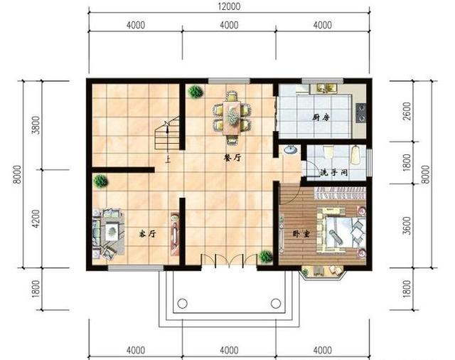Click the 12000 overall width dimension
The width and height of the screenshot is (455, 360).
(x=229, y=6)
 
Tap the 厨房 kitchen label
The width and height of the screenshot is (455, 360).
(x=321, y=117)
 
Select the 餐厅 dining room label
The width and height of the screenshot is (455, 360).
(x=232, y=158)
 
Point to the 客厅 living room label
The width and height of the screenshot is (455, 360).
(x=147, y=233)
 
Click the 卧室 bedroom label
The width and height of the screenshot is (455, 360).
(x=301, y=233)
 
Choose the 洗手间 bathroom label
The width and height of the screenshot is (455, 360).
(x=333, y=173)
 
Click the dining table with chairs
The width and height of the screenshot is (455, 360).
(x=232, y=117)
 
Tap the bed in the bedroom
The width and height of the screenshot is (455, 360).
(x=341, y=229)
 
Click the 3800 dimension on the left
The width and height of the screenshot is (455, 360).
(x=36, y=125)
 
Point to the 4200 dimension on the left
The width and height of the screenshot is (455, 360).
(x=36, y=218)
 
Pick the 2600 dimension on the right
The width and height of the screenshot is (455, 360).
(x=407, y=111)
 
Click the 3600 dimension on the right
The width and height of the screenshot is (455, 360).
(x=407, y=226)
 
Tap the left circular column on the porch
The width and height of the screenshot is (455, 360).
(x=182, y=304)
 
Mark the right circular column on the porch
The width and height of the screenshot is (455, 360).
(x=276, y=304)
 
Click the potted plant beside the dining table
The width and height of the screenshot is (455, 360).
(x=196, y=92)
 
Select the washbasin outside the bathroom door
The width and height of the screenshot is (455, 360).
(x=290, y=150)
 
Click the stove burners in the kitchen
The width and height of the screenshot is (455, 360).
(x=361, y=112)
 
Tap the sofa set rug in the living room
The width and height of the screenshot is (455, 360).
(x=109, y=233)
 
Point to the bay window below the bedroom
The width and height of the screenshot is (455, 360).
(x=322, y=272)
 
